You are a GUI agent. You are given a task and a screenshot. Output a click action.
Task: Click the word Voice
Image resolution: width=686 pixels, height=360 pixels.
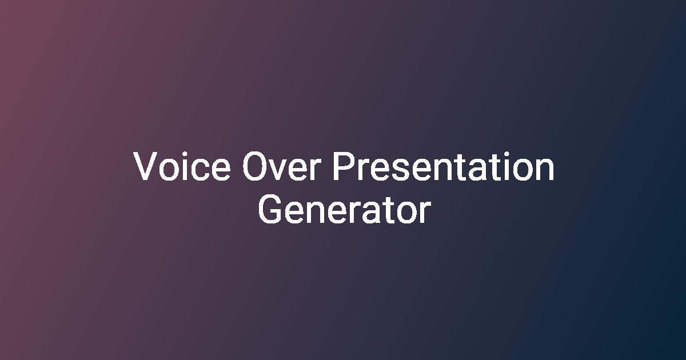tap(182, 166)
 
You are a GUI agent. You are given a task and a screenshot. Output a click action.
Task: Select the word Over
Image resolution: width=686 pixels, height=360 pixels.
tap(282, 166)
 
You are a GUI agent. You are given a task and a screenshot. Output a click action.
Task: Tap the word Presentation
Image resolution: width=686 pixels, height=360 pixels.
tap(444, 166)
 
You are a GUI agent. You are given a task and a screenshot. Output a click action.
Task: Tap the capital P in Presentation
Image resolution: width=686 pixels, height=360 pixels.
tap(344, 166)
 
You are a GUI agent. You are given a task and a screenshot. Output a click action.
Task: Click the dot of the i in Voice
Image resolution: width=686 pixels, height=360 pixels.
tap(185, 154)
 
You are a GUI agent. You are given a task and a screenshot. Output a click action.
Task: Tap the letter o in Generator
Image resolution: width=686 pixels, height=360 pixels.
tap(408, 213)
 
